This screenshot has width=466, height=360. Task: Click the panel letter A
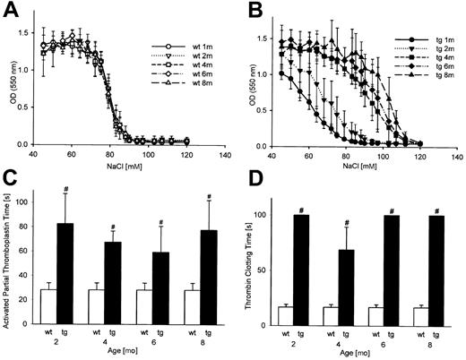pyautogui.click(x=12, y=11)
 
